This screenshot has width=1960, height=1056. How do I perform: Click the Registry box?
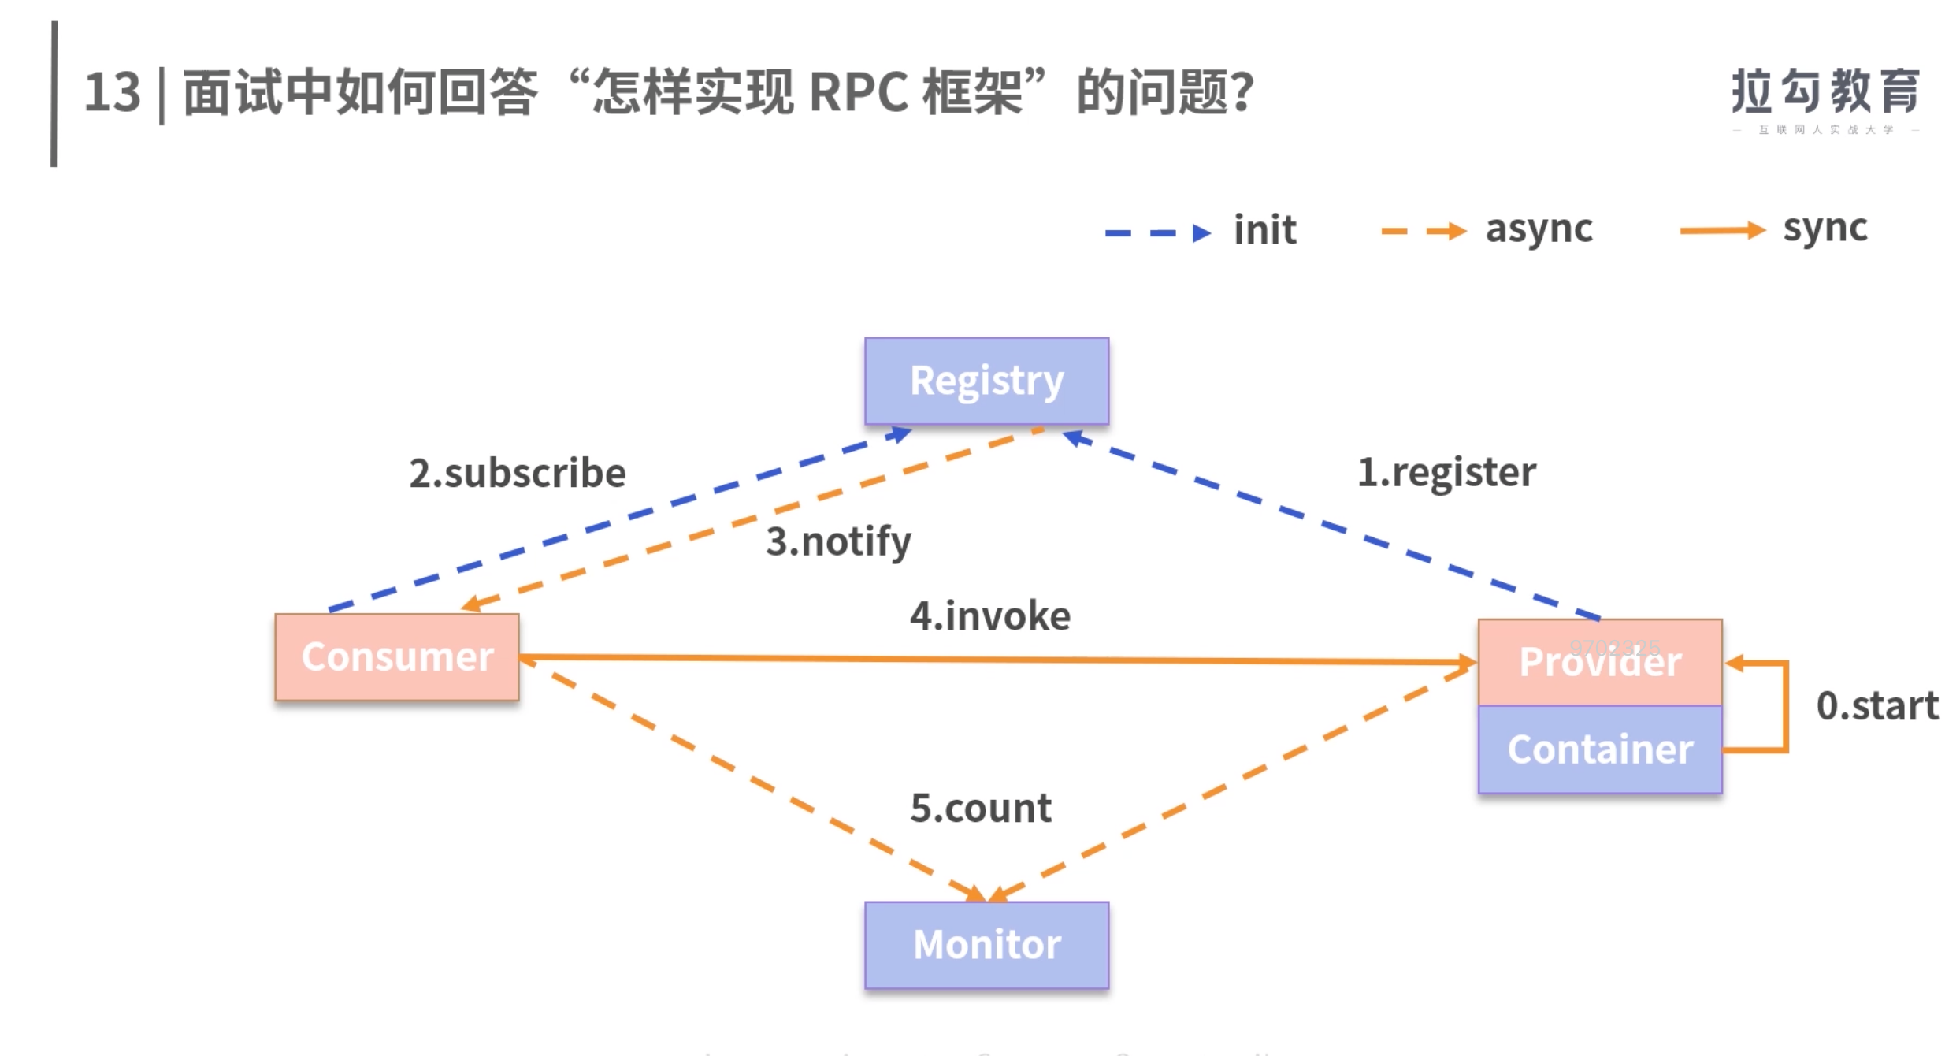986,381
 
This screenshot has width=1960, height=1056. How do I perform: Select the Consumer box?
397,657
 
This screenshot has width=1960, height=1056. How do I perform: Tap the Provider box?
1600,662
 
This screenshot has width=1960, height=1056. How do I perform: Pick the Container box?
1600,749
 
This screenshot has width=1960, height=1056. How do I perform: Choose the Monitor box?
986,945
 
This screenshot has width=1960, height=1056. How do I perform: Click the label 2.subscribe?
518,473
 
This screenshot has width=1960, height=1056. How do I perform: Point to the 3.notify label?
838,541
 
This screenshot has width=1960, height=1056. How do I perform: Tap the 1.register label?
1446,472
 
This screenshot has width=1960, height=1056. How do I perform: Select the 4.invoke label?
990,615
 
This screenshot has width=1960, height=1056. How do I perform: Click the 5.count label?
981,808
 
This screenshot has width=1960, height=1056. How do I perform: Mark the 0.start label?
1877,705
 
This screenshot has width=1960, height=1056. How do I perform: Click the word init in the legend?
1264,230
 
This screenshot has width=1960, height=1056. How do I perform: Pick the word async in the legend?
1539,229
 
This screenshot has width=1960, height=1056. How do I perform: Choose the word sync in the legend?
1825,229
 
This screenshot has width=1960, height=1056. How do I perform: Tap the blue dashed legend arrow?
1157,232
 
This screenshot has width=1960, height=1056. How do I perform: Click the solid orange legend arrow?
1722,230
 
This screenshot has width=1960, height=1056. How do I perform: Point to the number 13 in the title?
112,92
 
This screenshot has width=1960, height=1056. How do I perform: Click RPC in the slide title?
859,92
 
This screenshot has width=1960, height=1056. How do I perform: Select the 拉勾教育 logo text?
1825,91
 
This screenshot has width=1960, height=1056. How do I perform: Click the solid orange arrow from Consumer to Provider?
993,659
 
